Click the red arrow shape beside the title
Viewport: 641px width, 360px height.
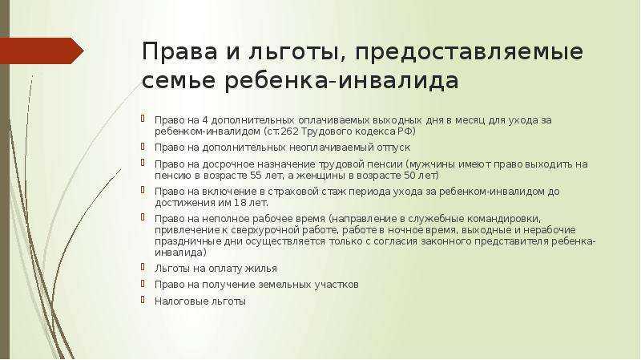pyautogui.click(x=42, y=51)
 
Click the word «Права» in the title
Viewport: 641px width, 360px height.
pyautogui.click(x=179, y=52)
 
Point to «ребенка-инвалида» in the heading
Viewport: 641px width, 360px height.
pyautogui.click(x=341, y=81)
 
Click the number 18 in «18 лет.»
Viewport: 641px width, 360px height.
pyautogui.click(x=239, y=203)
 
